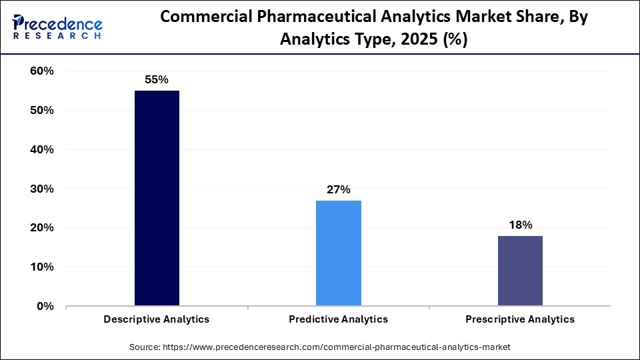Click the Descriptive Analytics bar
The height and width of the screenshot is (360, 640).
coord(157,198)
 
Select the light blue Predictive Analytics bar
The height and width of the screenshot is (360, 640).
coord(338,253)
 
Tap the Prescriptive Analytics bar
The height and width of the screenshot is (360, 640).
coord(520,271)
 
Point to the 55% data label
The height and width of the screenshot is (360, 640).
coord(157,79)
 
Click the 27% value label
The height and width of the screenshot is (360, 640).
coord(338,189)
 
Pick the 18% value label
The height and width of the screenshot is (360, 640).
coord(520,225)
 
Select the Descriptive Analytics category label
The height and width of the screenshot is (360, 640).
coord(157,319)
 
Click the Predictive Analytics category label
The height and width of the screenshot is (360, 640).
coord(338,319)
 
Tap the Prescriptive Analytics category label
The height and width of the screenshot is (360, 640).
coord(520,319)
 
